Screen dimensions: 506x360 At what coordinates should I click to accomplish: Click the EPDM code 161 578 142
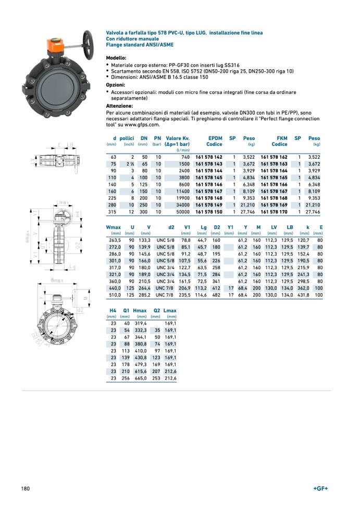coord(208,157)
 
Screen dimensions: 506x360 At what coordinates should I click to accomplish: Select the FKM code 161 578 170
coord(274,212)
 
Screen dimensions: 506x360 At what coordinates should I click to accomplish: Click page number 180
coord(26,488)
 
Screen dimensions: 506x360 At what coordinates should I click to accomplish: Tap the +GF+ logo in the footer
coord(321,488)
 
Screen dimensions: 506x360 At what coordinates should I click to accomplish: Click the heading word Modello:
coord(116,58)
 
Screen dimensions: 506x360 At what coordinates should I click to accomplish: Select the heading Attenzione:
coord(119,106)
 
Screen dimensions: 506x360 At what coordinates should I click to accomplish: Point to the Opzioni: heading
coord(116,84)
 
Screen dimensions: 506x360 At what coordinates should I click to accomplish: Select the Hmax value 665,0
coord(141,378)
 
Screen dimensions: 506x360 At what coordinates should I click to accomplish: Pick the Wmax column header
coord(113,227)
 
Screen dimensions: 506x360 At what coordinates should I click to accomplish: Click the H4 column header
coord(113,311)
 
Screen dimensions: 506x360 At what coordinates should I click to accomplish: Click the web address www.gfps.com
coord(142,124)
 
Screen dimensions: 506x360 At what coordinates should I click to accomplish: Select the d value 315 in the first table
coord(112,212)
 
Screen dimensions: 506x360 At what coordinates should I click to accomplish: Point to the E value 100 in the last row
coord(318,295)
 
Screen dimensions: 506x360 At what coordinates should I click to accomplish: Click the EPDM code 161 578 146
coord(208,184)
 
